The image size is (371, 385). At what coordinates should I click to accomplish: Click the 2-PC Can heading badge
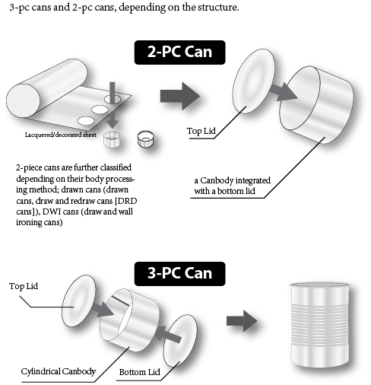tap(179, 52)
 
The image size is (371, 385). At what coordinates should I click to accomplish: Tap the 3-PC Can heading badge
tap(179, 274)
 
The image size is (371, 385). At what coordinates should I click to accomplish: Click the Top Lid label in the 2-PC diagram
tap(201, 131)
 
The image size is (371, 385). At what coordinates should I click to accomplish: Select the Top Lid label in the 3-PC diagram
tap(24, 286)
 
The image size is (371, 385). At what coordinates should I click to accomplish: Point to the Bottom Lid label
tap(139, 372)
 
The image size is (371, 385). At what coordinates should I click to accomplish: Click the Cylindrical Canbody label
tap(59, 371)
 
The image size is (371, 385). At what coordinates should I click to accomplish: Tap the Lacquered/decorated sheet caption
tap(61, 135)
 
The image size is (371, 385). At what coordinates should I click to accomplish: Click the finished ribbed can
tap(320, 325)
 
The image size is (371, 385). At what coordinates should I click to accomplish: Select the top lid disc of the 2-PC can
tap(253, 81)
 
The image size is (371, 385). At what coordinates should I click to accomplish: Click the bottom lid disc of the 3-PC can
tap(179, 340)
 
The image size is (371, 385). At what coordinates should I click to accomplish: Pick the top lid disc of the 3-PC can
tap(79, 301)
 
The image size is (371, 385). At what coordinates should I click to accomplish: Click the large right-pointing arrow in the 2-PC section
tap(180, 96)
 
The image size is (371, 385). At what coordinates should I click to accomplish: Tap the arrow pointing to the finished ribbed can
tap(242, 321)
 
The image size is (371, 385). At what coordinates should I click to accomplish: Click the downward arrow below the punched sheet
tap(113, 119)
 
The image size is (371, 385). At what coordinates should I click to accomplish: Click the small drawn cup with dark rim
tap(145, 138)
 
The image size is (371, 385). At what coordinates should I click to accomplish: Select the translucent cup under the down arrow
tap(112, 139)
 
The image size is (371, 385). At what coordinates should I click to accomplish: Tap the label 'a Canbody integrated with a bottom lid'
tap(232, 186)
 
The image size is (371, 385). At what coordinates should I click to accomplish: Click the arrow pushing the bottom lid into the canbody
tap(169, 334)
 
